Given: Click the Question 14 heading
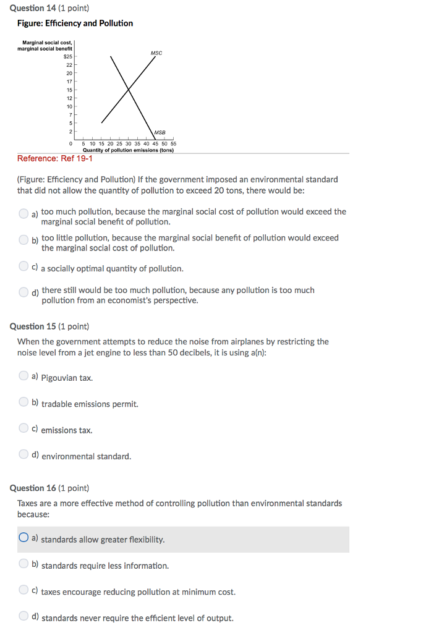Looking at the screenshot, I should point(49,9).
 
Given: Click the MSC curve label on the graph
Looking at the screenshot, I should point(156,53).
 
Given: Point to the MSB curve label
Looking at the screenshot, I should point(160,132).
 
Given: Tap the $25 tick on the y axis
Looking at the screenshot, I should point(68,56).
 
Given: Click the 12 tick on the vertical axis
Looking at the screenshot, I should point(69,98).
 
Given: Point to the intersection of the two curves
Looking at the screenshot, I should point(129,90).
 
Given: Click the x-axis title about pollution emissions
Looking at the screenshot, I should point(128,150).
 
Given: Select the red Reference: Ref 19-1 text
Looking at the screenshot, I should point(55,159).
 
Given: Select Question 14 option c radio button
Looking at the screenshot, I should point(23,267).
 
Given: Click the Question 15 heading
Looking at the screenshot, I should point(49,326).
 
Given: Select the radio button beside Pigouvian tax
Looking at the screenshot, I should point(23,376).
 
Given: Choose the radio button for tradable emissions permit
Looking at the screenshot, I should point(23,402).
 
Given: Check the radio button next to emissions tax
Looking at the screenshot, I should point(23,428).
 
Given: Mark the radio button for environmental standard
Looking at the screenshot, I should point(23,455).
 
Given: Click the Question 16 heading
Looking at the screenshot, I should point(49,488).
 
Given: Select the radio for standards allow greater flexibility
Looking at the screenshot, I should point(23,538).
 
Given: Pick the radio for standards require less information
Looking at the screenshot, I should point(23,564).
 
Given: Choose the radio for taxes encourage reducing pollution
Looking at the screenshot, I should point(23,590).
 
